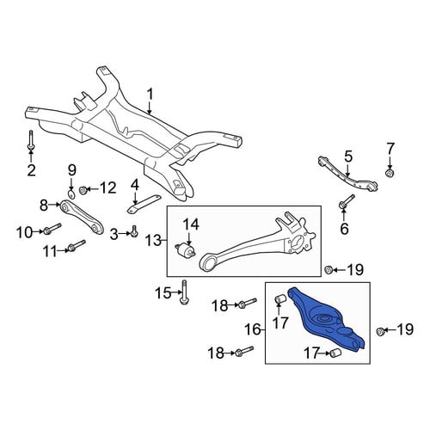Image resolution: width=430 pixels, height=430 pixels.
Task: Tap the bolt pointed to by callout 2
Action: click(x=31, y=140)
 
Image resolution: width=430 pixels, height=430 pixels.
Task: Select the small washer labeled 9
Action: click(x=71, y=194)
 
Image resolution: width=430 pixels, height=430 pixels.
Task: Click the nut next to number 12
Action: click(x=83, y=190)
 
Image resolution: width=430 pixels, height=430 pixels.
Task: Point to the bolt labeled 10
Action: click(x=52, y=229)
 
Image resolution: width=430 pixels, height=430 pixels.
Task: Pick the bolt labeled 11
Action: click(x=77, y=245)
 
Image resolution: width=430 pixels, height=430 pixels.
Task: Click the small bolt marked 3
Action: click(x=134, y=231)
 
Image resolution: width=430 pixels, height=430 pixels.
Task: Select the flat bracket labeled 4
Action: click(x=144, y=204)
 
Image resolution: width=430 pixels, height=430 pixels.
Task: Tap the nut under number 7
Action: click(x=389, y=173)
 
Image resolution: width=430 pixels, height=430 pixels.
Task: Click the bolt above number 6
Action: click(x=347, y=201)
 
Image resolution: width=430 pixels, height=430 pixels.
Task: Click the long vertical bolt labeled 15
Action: click(x=184, y=292)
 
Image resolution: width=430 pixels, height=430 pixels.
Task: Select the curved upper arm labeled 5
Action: click(x=347, y=175)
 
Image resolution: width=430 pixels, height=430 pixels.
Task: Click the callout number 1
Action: click(x=150, y=97)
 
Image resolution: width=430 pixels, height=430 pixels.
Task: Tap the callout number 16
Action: click(x=253, y=329)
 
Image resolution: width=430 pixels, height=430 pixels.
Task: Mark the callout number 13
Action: click(x=154, y=240)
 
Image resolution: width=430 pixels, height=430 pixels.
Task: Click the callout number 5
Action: click(x=347, y=157)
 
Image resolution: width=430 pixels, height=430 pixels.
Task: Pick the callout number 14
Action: click(x=191, y=224)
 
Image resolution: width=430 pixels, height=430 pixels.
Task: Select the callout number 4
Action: click(x=135, y=186)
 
